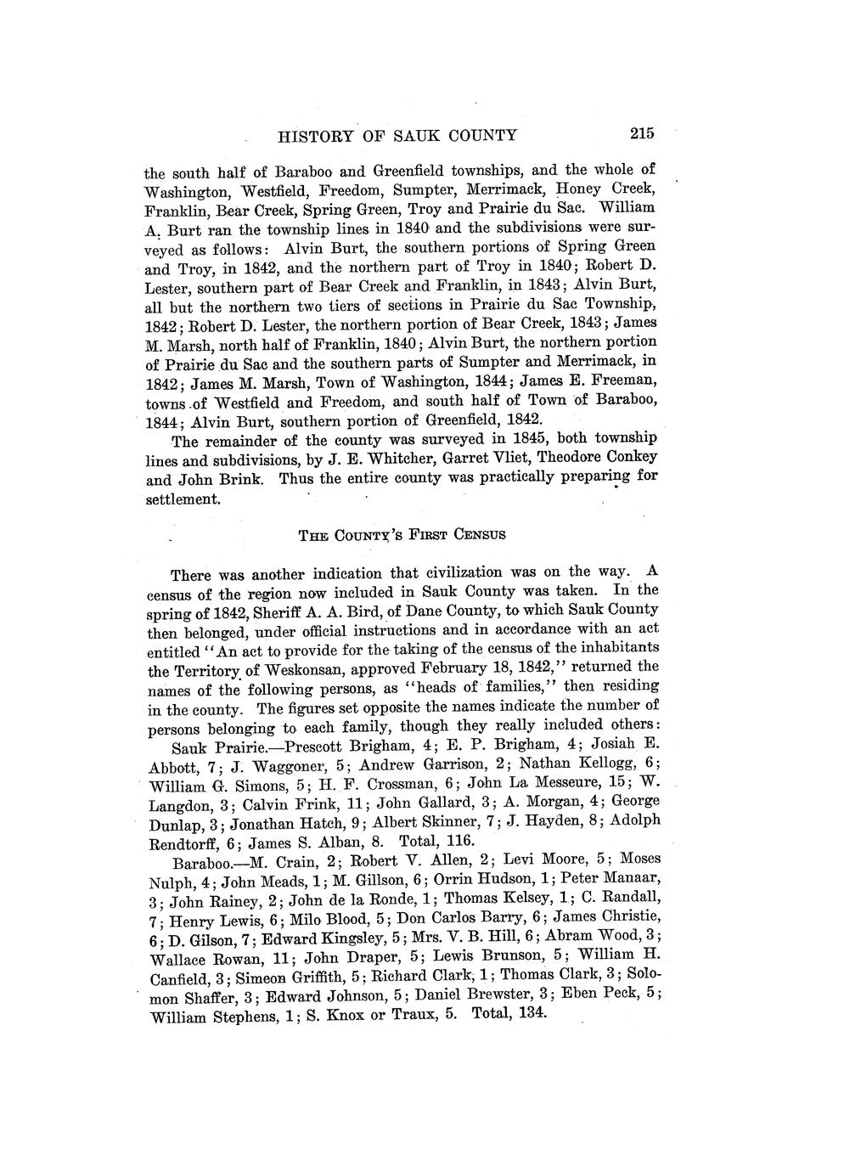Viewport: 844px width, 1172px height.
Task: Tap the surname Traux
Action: (386, 1016)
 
